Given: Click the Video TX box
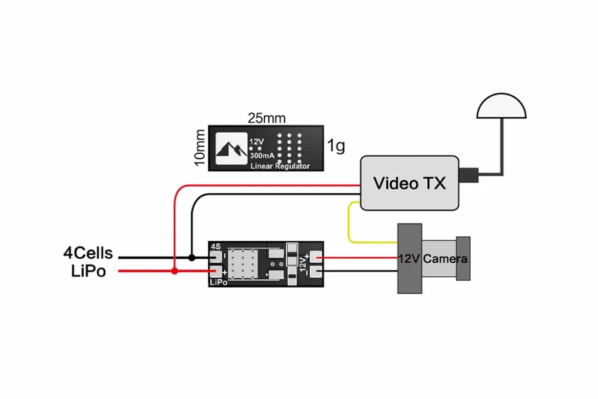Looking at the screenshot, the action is coord(409,182).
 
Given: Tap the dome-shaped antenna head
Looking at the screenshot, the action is coord(501,106).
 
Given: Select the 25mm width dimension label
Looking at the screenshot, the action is coord(267,118).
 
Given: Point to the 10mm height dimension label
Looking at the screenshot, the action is coord(200,148).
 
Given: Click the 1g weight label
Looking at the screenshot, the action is coord(336,145).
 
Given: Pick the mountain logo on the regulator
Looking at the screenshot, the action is coord(231,149).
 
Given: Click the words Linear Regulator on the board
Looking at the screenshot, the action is coord(280,166).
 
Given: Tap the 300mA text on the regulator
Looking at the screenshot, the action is coord(262,156).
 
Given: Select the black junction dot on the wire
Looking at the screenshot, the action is coord(192,258).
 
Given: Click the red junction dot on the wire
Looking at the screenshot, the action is coord(174,271).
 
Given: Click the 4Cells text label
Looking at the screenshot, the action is coord(88,253).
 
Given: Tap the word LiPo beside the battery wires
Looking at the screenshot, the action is coord(88,271).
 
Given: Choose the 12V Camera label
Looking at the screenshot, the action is coord(433,258).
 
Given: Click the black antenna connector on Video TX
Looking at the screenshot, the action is coord(469,175).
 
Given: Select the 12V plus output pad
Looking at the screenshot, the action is coord(316,257).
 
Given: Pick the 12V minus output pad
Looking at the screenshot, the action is coord(316,272).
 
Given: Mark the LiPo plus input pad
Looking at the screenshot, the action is coord(216,271).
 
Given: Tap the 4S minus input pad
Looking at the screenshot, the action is coord(216,257).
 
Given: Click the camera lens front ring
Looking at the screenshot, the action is coord(463,258).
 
